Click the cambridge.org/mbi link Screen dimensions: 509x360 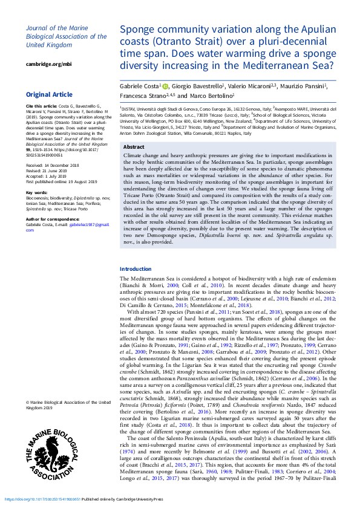48,63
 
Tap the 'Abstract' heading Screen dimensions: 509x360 134,147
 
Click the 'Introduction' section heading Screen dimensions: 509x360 136,269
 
